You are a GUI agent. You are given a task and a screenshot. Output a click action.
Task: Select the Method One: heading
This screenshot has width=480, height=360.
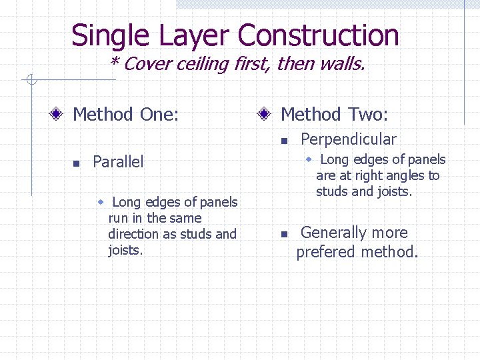[x=125, y=115]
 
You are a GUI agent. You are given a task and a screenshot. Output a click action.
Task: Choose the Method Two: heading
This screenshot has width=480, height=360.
[x=334, y=115]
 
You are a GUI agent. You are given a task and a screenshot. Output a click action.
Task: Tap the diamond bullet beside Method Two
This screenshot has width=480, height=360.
[x=265, y=115]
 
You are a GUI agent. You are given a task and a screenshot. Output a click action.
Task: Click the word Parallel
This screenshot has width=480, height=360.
[x=118, y=162]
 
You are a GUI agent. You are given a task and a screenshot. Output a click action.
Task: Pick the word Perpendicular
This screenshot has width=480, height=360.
[x=348, y=139]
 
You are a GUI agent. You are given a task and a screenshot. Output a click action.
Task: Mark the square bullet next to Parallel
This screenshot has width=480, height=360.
[x=76, y=163]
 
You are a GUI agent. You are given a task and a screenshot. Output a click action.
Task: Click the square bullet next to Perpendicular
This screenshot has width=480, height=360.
[x=283, y=141]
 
